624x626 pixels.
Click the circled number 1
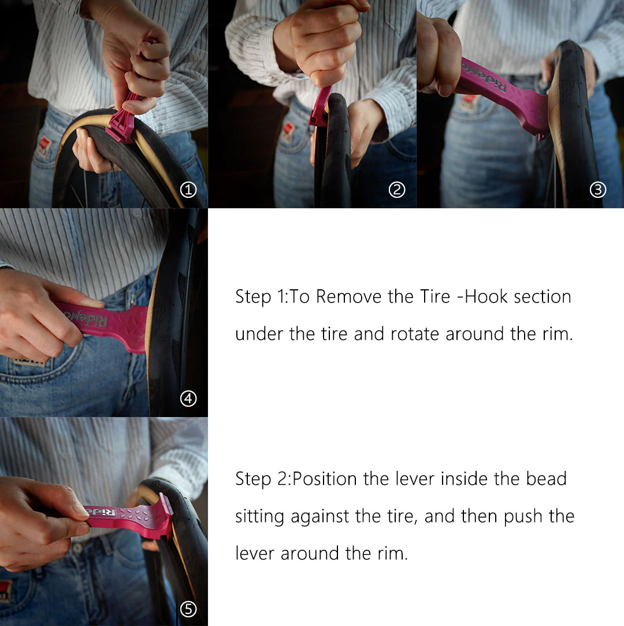click(188, 190)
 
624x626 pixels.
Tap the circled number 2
click(397, 190)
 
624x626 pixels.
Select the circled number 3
click(597, 190)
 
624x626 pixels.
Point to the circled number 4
click(188, 399)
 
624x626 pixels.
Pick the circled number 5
click(188, 609)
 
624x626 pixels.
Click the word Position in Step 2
click(325, 478)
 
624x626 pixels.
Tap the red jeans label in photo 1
click(43, 145)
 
